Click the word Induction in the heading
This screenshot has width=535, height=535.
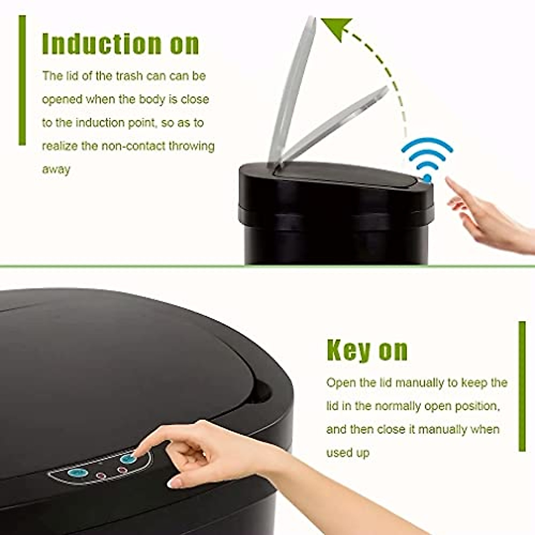pos(102,44)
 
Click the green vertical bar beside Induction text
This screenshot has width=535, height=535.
pos(22,80)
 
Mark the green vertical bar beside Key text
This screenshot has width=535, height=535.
pos(522,386)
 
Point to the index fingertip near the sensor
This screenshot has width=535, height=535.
pos(449,180)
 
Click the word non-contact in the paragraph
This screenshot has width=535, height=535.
pos(133,146)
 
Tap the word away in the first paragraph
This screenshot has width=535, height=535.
pos(56,170)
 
